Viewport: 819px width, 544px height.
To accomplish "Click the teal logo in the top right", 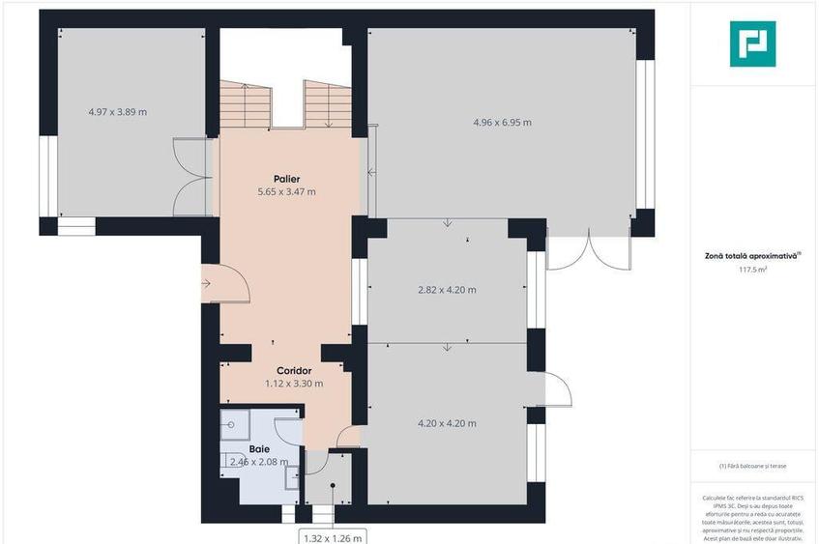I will [x=752, y=43].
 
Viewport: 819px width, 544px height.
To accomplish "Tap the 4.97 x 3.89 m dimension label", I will [x=117, y=112].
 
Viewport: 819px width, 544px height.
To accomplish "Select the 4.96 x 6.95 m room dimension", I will [x=502, y=123].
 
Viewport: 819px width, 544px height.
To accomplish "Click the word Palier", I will [x=285, y=179].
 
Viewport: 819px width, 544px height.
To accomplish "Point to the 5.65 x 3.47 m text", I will [x=286, y=192].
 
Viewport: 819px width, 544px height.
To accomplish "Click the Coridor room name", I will [x=294, y=370].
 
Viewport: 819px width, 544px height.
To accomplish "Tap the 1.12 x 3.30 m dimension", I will [x=294, y=384].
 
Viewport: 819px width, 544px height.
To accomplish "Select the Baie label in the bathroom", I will [x=259, y=449].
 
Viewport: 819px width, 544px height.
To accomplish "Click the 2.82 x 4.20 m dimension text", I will [x=446, y=290].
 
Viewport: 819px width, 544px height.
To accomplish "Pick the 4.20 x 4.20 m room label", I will [x=446, y=423].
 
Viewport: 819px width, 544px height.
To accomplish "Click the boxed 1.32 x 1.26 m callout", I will [x=332, y=536].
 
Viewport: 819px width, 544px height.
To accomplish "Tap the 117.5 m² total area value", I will [x=752, y=271].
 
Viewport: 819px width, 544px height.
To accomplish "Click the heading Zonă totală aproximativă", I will [x=752, y=257].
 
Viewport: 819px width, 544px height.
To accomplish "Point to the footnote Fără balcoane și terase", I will [x=752, y=467].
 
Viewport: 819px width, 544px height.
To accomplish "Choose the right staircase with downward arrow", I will [x=327, y=104].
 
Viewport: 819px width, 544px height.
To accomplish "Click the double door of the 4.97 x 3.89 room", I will [x=191, y=177].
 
